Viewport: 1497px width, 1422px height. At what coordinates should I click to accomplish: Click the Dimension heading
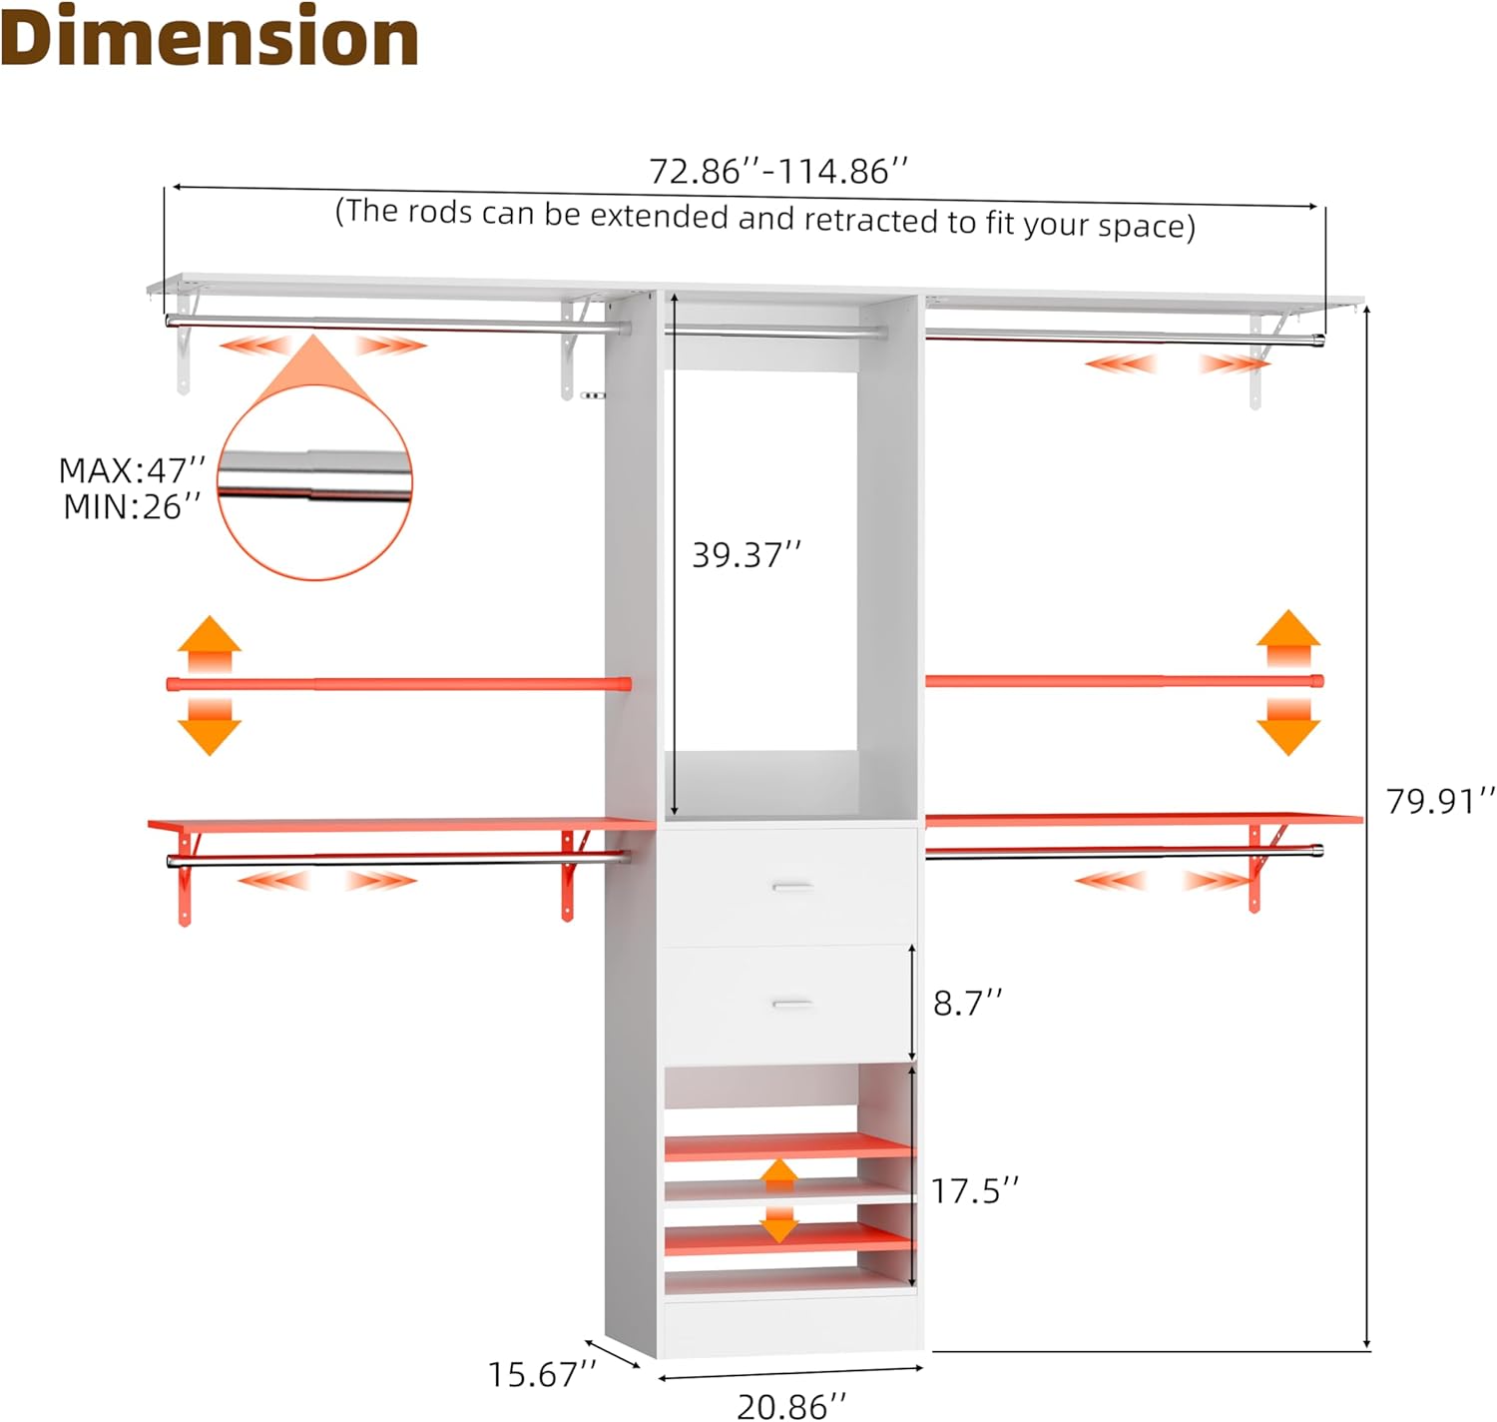[209, 38]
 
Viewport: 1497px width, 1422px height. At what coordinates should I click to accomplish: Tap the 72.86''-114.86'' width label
[778, 171]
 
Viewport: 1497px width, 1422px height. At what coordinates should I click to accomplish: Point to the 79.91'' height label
[1440, 801]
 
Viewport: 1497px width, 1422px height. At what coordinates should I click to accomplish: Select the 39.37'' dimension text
[747, 555]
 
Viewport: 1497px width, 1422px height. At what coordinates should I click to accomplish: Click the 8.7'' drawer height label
[967, 1003]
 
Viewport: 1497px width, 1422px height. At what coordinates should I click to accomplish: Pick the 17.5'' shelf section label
[975, 1191]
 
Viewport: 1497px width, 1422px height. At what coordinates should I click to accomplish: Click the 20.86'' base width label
[791, 1406]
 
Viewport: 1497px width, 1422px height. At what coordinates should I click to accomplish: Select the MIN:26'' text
[133, 506]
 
